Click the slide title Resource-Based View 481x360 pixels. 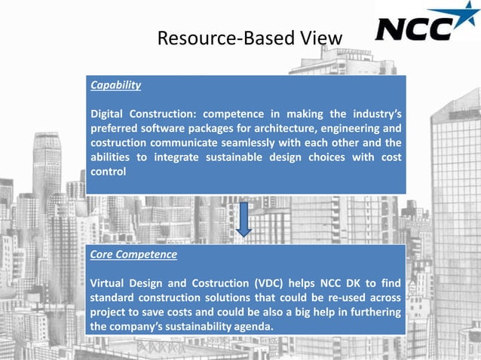click(x=249, y=37)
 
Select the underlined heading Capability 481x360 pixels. click(x=115, y=85)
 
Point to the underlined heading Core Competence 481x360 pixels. click(x=133, y=255)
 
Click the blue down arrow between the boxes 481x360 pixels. click(x=244, y=218)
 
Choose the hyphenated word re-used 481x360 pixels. click(x=339, y=298)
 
